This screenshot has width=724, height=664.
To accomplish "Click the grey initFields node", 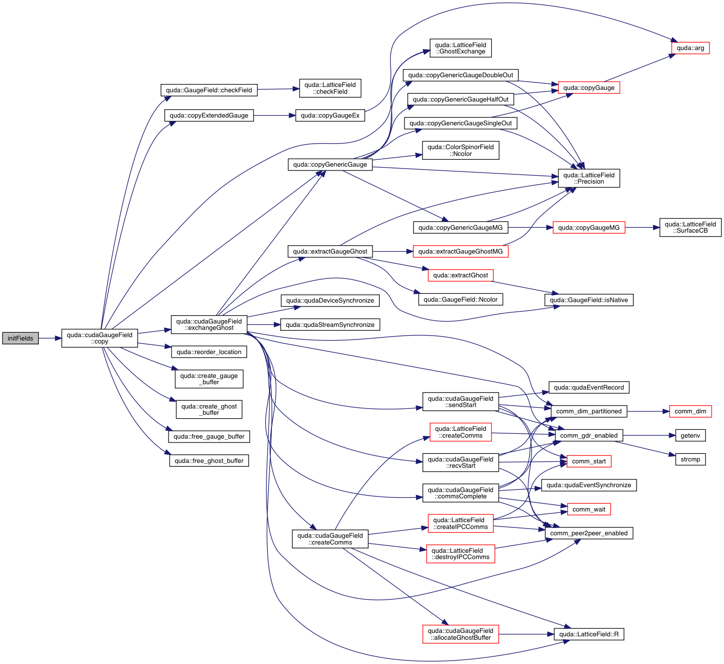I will pos(20,338).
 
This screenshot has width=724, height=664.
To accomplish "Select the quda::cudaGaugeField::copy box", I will pos(100,338).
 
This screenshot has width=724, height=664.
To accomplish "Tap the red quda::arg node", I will pos(690,48).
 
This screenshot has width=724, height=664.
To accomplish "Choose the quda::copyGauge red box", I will pos(589,88).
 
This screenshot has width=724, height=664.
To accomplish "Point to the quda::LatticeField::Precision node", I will pos(589,178).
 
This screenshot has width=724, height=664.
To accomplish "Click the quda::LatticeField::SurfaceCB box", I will pos(690,227).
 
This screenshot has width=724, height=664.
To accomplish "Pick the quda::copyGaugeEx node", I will pos(330,116).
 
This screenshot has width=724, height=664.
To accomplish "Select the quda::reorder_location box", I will pos(209,352).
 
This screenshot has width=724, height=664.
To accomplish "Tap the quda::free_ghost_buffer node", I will pos(209,460).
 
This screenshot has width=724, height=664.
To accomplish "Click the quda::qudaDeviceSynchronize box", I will pos(330,301).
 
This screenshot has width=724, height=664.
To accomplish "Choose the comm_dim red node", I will pos(690,411).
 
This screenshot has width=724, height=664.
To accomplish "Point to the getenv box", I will pos(690,436).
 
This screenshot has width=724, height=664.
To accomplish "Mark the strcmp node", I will pos(690,460).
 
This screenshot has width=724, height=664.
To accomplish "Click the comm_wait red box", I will pos(589,509).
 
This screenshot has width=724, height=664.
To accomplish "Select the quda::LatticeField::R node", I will pos(589,634).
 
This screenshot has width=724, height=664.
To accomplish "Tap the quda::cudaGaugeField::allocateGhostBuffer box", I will pos(460,634).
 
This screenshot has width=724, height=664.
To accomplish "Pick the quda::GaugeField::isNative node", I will pos(589,300).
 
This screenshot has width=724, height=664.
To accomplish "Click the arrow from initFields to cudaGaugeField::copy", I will pos(50,338).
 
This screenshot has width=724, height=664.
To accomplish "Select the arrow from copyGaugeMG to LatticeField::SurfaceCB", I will pos(642,227).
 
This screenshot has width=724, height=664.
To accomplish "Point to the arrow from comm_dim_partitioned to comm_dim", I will pos(648,411).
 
